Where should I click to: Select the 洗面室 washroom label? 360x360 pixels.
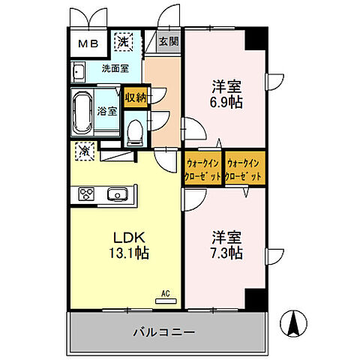click(x=116, y=69)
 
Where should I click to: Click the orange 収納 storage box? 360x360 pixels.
click(x=135, y=96)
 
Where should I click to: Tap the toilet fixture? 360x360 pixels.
click(x=135, y=133)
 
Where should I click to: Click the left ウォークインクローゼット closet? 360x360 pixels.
click(x=202, y=169)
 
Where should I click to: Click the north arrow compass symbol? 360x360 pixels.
click(x=293, y=325)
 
